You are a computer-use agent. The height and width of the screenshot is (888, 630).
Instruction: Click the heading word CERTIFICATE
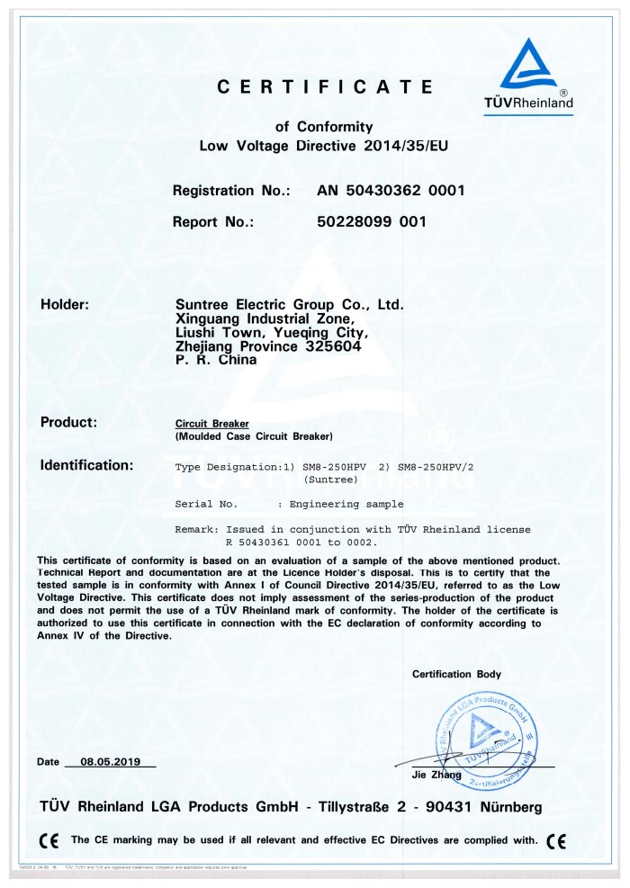click(325, 87)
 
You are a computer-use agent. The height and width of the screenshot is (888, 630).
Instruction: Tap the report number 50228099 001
click(371, 221)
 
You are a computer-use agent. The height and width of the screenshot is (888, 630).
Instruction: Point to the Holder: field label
click(65, 305)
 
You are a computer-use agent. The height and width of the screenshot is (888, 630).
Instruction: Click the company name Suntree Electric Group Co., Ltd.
click(289, 305)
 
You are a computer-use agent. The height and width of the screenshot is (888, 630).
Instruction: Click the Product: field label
click(68, 422)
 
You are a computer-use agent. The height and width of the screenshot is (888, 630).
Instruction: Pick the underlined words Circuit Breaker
click(211, 423)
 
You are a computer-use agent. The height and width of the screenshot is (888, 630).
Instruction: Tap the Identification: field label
click(86, 465)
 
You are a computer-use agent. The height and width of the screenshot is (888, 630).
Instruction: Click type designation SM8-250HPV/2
click(436, 466)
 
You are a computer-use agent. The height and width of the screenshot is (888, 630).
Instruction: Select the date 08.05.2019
click(112, 762)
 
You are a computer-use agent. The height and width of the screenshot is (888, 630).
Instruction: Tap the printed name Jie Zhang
click(430, 775)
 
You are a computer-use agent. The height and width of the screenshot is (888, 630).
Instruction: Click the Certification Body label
click(456, 674)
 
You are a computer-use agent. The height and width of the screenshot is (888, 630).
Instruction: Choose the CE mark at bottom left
click(49, 840)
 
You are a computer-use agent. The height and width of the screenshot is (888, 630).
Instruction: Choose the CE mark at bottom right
click(556, 840)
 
